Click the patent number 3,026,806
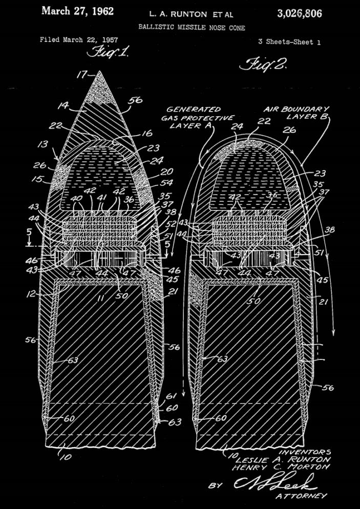(300, 13)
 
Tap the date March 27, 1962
(77, 11)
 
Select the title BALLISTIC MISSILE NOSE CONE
(192, 28)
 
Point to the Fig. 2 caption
(263, 65)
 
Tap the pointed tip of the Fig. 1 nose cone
(99, 72)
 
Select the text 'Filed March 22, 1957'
(78, 39)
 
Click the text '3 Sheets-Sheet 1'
(289, 42)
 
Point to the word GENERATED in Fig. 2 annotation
(194, 109)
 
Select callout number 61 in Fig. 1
(171, 396)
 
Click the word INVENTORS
(305, 452)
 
